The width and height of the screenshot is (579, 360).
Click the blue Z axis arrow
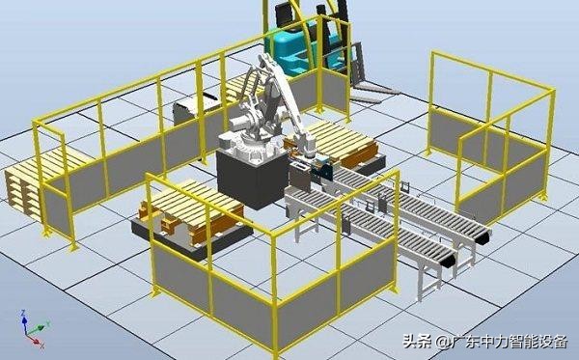coord(24,320)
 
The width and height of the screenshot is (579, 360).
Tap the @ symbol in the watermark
coord(442,342)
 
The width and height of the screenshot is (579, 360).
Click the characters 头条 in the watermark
coord(417,341)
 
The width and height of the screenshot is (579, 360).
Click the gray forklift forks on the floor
coord(372,93)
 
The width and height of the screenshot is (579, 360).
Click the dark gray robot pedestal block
coord(252,180)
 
